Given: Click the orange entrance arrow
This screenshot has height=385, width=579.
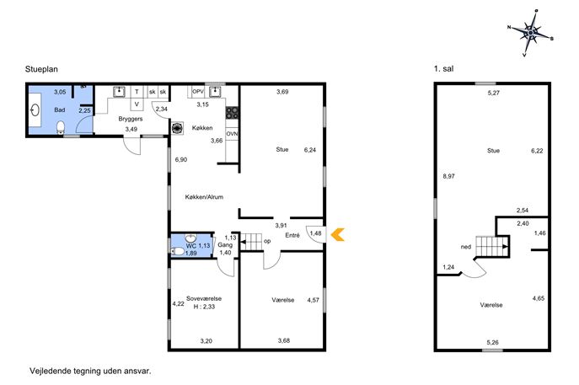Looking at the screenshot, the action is [x=337, y=235].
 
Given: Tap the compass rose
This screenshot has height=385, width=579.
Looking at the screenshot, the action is [x=531, y=33].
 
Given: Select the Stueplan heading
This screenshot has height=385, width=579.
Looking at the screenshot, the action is [x=41, y=69].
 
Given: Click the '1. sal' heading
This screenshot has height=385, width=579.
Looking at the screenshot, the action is [x=443, y=68].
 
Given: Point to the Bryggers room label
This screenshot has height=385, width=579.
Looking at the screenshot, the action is [x=131, y=120].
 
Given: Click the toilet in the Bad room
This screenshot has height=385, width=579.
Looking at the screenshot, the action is [x=61, y=127].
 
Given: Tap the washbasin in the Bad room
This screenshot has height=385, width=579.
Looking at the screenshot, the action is [x=35, y=110].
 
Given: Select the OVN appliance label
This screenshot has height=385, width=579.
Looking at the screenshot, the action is [x=232, y=134].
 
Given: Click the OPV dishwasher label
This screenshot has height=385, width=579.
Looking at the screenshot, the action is [x=198, y=91].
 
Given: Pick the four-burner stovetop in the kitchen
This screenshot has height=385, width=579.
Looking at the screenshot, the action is [x=233, y=113].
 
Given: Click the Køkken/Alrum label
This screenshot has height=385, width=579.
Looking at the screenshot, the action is [x=204, y=197].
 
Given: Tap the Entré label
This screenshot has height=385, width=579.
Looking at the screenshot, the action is [x=292, y=235].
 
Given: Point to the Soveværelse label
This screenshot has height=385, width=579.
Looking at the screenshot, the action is [x=204, y=298].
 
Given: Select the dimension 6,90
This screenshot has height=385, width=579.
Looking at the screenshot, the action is [x=181, y=160].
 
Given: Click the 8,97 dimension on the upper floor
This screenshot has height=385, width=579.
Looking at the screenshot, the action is [x=448, y=176].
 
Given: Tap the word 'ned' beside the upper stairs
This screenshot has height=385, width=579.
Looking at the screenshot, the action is [x=466, y=247].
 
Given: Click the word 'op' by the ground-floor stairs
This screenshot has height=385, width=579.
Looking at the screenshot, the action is [x=267, y=242].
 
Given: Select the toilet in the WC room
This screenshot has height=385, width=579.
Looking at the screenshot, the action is [x=179, y=252].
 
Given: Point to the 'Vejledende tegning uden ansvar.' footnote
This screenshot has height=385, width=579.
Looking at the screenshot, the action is [x=90, y=372].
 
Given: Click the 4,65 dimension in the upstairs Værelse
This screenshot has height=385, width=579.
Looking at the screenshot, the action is [x=538, y=298].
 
